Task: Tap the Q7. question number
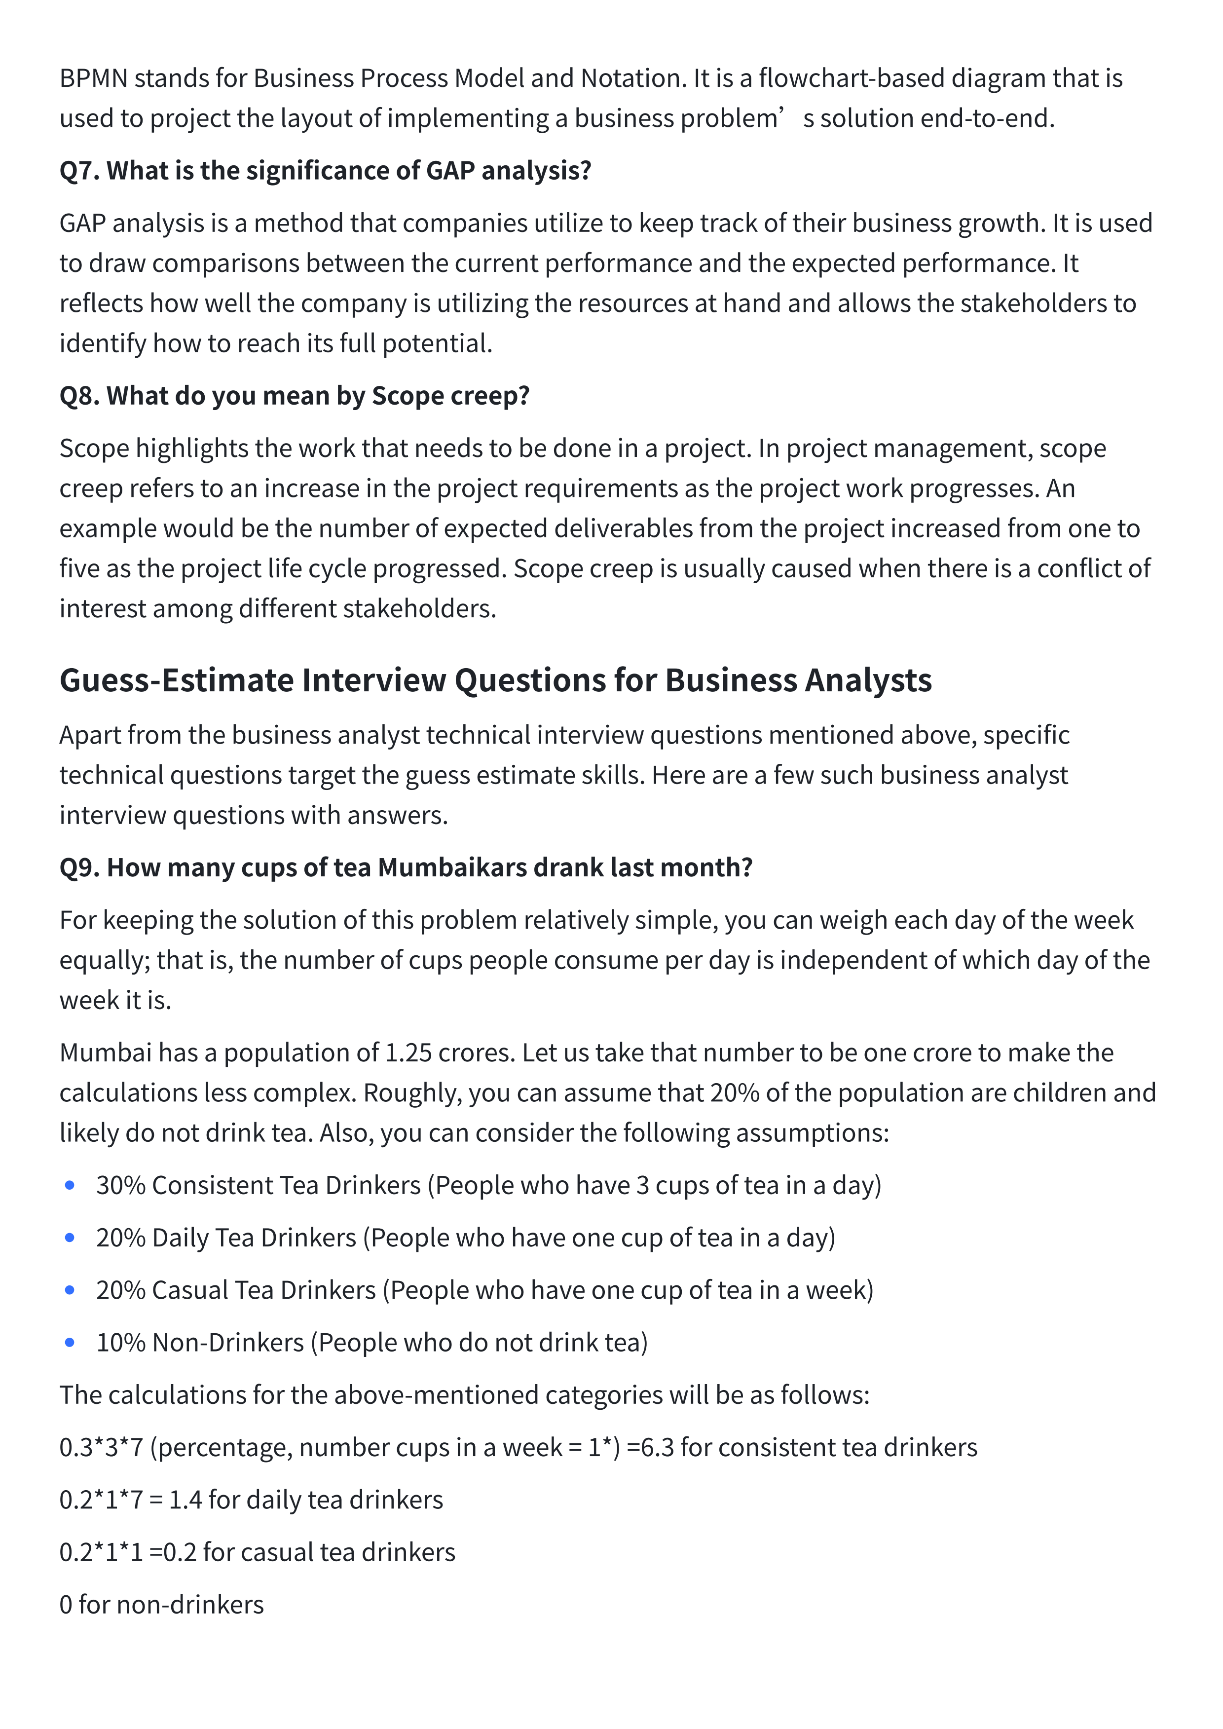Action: click(79, 171)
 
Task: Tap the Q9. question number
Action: click(79, 867)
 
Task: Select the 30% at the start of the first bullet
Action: click(120, 1185)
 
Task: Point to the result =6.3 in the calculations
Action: click(650, 1447)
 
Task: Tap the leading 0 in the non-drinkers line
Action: click(66, 1605)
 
